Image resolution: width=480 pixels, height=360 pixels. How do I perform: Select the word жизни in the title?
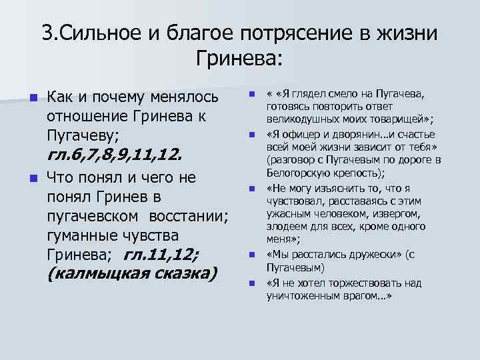(411, 33)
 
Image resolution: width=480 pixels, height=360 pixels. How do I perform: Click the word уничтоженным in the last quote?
(299, 295)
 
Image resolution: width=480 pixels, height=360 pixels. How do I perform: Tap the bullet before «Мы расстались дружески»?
(252, 255)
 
